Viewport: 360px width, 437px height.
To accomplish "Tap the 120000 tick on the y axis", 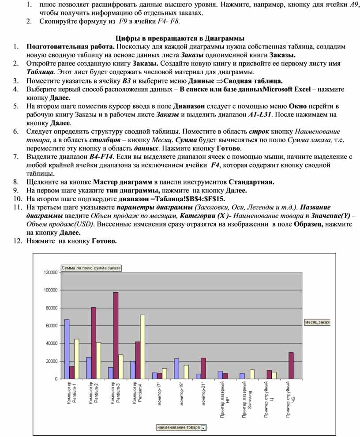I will tap(51, 273).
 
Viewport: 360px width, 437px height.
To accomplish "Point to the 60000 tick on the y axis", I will tap(52, 326).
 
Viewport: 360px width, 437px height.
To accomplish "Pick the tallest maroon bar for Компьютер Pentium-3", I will tap(116, 335).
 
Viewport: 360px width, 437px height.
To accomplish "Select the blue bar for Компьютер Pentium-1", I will tap(67, 349).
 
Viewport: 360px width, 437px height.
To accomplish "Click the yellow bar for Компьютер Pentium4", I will tap(142, 347).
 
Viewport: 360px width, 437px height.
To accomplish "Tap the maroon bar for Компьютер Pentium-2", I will tap(94, 343).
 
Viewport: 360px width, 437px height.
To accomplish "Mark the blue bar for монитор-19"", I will tap(176, 369).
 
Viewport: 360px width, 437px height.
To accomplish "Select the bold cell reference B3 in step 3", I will tap(127, 81).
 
